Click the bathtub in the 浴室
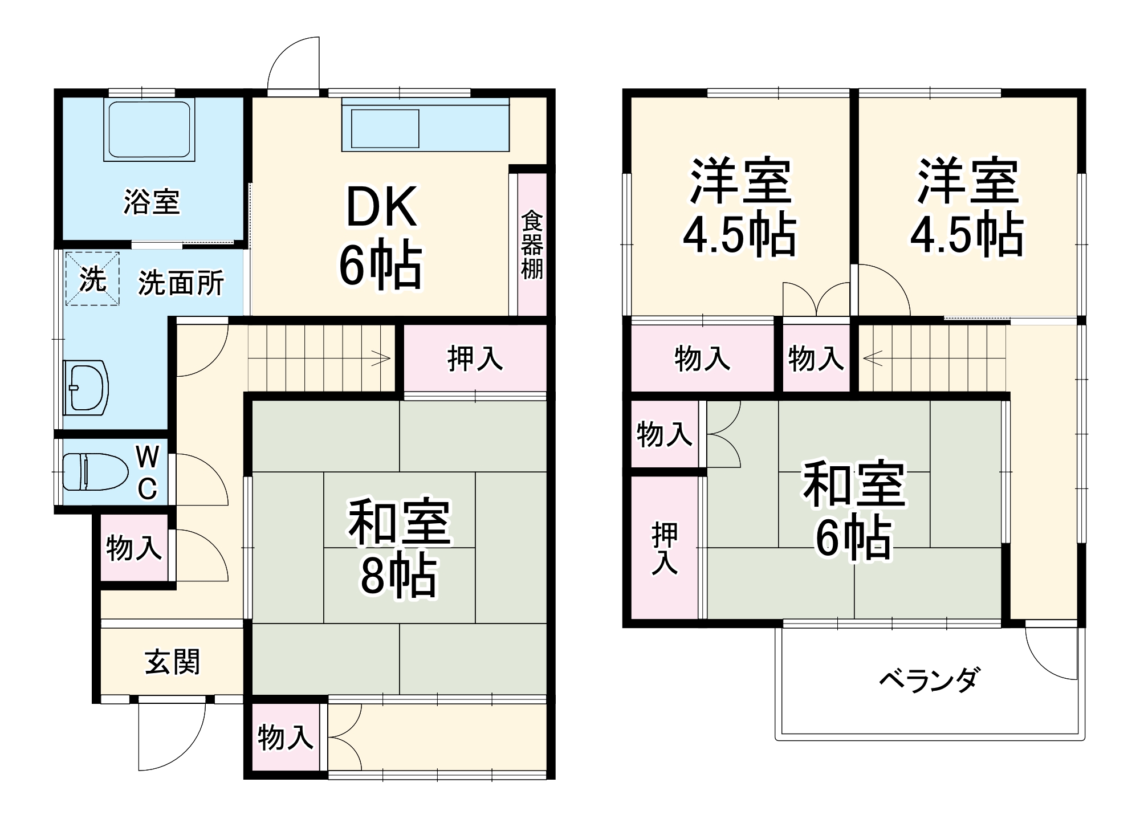point(149,129)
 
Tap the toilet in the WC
point(94,471)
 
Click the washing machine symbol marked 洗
point(92,279)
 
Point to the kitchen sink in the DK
point(385,129)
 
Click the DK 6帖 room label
point(381,237)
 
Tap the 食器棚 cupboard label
point(532,245)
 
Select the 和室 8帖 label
point(399,547)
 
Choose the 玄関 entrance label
point(172,662)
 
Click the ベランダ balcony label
point(929,680)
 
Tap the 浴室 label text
point(152,202)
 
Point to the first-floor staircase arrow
point(381,359)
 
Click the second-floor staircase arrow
point(873,358)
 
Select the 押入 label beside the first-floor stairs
point(475,358)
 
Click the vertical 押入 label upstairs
point(665,548)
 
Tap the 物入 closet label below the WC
point(134,548)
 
